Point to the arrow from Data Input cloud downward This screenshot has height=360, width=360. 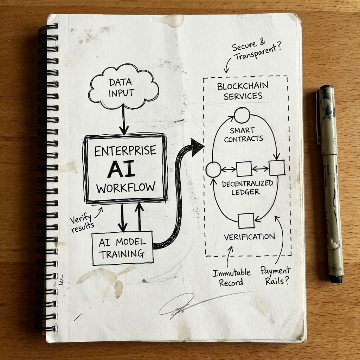coord(123,121)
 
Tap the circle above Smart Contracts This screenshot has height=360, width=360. coord(242,115)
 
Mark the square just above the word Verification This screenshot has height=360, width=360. coord(246,221)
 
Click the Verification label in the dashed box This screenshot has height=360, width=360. coord(249,237)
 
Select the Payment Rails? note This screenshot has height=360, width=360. coord(276,275)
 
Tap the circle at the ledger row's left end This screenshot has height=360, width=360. coord(213,169)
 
